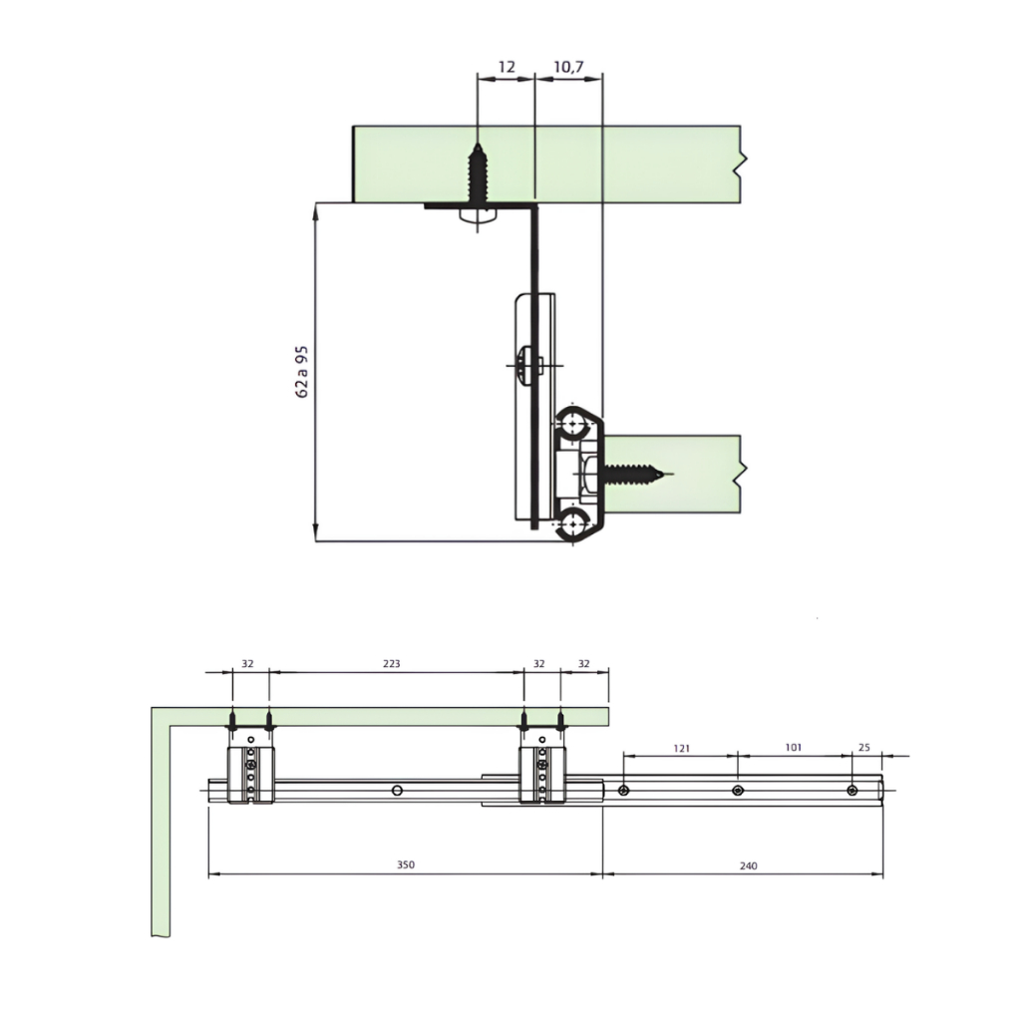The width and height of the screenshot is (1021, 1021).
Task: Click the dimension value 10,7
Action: click(568, 67)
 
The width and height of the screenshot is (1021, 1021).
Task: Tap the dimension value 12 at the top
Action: click(506, 67)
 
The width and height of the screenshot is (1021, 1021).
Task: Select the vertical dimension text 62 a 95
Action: click(301, 372)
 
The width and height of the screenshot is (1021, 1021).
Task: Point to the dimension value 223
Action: click(391, 663)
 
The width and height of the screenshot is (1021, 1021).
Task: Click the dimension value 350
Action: click(406, 864)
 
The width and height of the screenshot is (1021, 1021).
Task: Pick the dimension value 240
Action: click(748, 865)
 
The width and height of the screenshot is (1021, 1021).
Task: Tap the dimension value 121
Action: click(681, 748)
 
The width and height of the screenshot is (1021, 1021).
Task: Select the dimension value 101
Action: click(793, 748)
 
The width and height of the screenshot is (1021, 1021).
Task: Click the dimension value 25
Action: click(864, 748)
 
